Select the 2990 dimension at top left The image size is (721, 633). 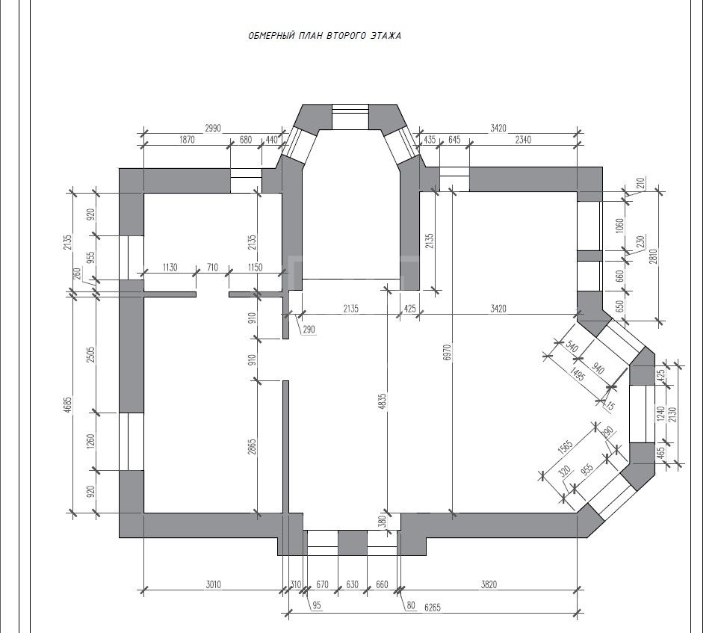(212, 129)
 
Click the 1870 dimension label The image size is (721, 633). (186, 140)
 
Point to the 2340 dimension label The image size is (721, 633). (523, 140)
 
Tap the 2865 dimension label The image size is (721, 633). (252, 447)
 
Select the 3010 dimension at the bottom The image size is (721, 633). (213, 584)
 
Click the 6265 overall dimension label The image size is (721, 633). (433, 608)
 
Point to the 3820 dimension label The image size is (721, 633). (489, 584)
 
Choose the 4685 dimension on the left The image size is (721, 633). (68, 405)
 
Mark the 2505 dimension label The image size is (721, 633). (90, 354)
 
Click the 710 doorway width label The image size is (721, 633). (212, 268)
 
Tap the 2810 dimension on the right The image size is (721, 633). (654, 257)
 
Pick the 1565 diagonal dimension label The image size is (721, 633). (565, 447)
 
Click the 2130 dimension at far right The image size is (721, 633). (674, 415)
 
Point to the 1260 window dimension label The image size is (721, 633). (90, 442)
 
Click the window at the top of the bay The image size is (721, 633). (350, 117)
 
